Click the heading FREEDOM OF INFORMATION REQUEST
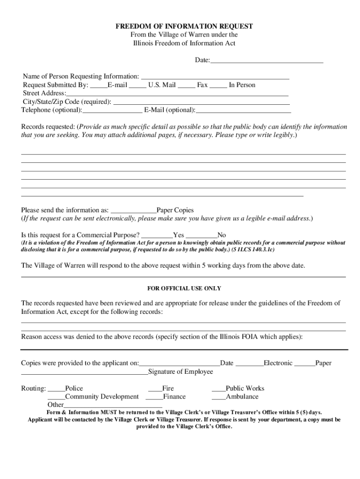[184, 26]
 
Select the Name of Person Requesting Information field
[215, 77]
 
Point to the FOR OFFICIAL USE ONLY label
[184, 289]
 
